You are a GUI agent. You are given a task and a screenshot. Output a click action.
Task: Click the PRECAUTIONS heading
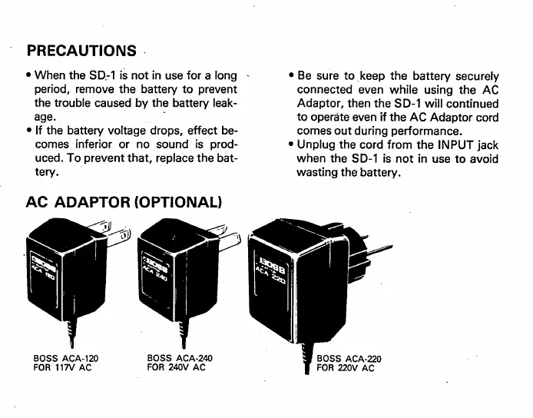point(81,51)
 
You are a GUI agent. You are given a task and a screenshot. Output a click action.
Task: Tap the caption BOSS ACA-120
point(66,358)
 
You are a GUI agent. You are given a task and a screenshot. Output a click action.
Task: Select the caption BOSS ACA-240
point(180,358)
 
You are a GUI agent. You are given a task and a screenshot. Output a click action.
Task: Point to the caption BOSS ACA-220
point(349,359)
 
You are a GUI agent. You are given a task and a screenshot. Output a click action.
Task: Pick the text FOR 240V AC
point(177,368)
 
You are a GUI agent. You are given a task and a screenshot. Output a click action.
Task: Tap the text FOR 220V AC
point(346,369)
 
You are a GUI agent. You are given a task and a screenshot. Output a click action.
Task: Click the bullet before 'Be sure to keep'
point(290,77)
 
